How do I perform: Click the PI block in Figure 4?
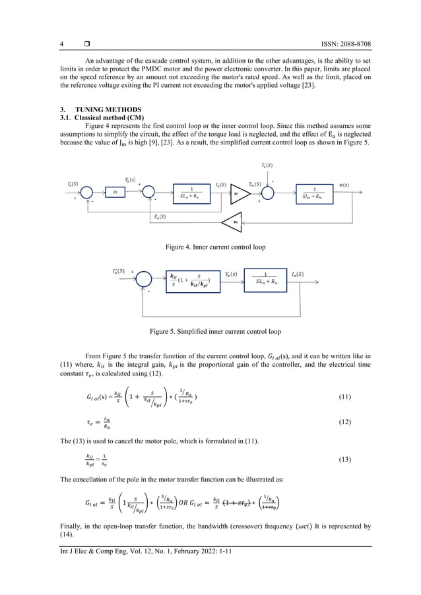click(x=115, y=192)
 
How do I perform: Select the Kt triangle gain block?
click(x=236, y=194)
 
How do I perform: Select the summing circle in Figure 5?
click(x=143, y=280)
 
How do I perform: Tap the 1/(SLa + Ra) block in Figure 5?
click(x=265, y=280)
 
